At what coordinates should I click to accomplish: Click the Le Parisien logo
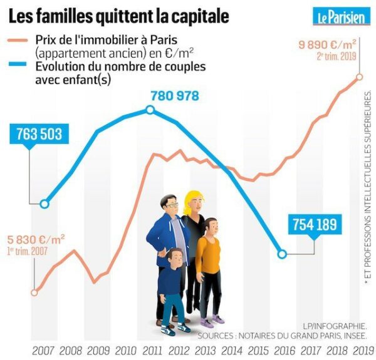pyautogui.click(x=340, y=16)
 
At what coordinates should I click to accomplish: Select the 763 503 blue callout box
pyautogui.click(x=39, y=135)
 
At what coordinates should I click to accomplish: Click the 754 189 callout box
pyautogui.click(x=313, y=224)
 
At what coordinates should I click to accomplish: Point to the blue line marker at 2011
pyautogui.click(x=150, y=110)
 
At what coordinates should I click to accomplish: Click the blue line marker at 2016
pyautogui.click(x=282, y=254)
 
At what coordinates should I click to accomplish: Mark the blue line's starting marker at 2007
pyautogui.click(x=44, y=203)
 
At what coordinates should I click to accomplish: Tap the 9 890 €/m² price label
pyautogui.click(x=328, y=44)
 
